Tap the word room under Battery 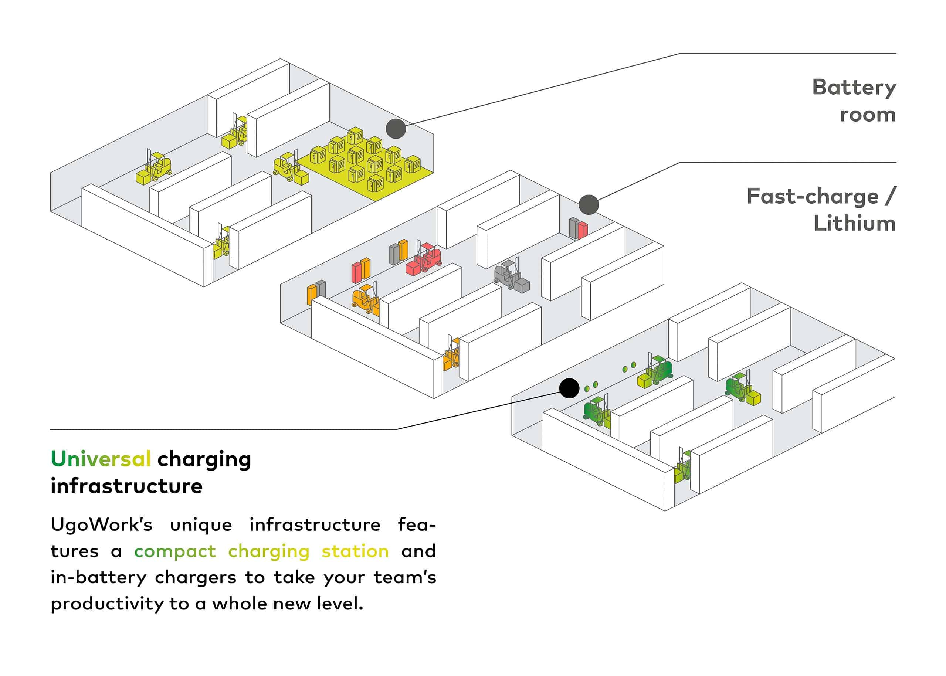867,115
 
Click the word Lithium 854,224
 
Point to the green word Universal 100,459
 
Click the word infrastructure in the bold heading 126,486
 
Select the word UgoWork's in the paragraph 102,525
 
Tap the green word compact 175,551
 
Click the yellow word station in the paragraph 355,551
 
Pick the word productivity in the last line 107,604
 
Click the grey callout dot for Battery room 396,129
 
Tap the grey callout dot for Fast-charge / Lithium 588,205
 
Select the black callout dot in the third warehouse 569,388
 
